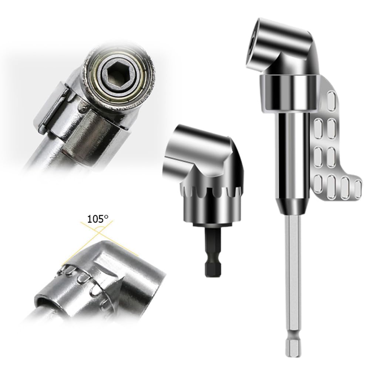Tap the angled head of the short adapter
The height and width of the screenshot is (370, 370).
(x=200, y=152)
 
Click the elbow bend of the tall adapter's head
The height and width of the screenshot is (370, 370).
(x=300, y=52)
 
